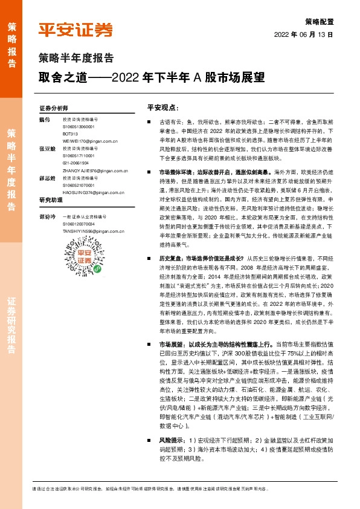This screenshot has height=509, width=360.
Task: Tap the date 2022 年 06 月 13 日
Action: pyautogui.click(x=303, y=34)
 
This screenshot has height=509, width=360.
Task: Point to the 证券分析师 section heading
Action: pyautogui.click(x=54, y=108)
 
